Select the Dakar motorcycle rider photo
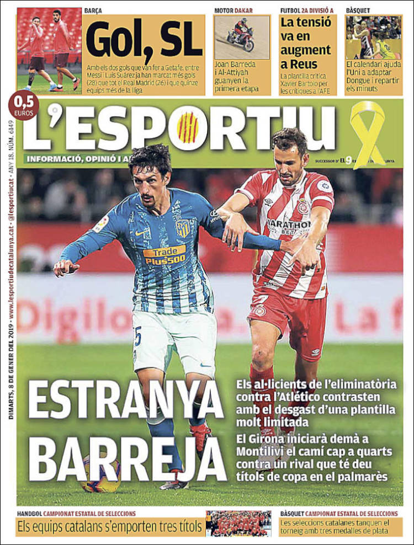pyautogui.click(x=242, y=37)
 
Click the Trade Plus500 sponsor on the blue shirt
pyautogui.click(x=164, y=255)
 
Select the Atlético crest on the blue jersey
pyautogui.click(x=182, y=228)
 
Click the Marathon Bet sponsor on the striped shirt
pyautogui.click(x=288, y=226)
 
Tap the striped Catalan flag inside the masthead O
pyautogui.click(x=188, y=128)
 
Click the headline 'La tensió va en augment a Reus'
pyautogui.click(x=306, y=43)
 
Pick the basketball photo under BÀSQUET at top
pyautogui.click(x=374, y=37)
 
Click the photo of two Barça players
pyautogui.click(x=49, y=50)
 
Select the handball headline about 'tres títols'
pyautogui.click(x=109, y=527)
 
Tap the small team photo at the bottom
pyautogui.click(x=238, y=523)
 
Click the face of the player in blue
pyautogui.click(x=148, y=181)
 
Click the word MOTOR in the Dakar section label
pyautogui.click(x=224, y=10)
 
